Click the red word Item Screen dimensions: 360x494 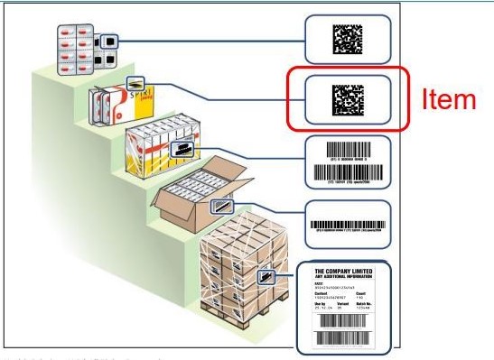(x=449, y=99)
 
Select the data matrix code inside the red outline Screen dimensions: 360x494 (x=347, y=98)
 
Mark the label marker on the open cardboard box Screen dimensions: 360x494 (x=219, y=207)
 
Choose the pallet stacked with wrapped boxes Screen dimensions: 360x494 (x=238, y=271)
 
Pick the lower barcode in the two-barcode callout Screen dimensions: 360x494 (x=348, y=171)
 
